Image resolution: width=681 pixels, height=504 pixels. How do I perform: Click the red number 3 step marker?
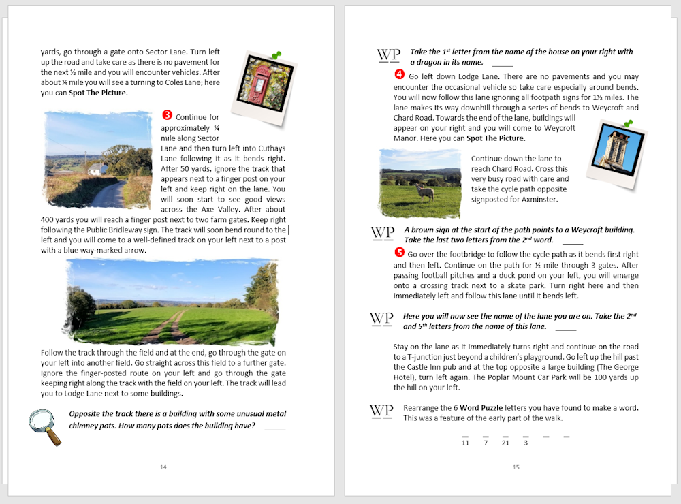coord(168,116)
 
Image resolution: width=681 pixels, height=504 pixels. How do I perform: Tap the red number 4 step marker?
coord(399,76)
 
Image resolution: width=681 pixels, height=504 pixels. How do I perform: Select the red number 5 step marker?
coord(399,253)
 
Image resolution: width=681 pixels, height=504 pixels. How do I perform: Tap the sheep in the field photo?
coord(425,193)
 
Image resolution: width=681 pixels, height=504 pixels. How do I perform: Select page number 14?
coord(163,467)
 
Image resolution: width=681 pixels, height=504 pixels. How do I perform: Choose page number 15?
coord(516,467)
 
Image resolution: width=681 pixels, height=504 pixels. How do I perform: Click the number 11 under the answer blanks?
coord(465,443)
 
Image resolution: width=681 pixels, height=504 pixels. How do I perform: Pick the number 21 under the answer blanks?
coord(505,443)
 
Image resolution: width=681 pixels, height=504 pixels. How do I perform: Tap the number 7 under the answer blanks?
coord(486,443)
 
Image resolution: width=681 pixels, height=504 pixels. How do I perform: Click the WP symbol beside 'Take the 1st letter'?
coord(388,56)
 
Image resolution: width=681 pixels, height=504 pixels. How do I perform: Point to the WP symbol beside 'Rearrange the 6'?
coord(381,411)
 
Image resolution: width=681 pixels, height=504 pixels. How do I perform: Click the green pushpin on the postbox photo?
coord(276,55)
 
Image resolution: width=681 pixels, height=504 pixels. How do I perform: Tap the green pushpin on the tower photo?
coord(627,124)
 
